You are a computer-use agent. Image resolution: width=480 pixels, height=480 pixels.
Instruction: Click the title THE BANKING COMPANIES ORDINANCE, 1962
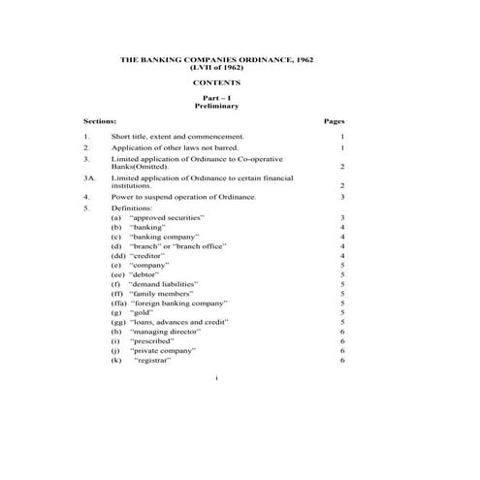point(216,60)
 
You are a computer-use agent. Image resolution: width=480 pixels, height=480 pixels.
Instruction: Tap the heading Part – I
point(216,99)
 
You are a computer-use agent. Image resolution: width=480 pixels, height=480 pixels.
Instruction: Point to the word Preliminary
point(216,107)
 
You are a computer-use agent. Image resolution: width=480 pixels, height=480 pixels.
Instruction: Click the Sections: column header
point(100,122)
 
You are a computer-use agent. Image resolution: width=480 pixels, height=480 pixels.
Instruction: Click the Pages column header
point(333,122)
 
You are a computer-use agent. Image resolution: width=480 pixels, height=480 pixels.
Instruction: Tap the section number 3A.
point(89,178)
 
